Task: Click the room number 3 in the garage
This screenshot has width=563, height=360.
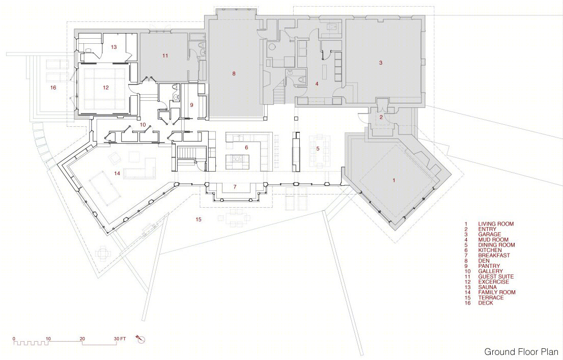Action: (x=381, y=63)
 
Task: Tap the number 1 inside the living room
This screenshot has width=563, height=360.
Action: (x=393, y=180)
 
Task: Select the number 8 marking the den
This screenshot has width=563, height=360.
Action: (x=234, y=74)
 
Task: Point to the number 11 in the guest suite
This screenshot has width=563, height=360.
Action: (x=165, y=56)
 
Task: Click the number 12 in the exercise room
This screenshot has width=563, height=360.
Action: (x=105, y=88)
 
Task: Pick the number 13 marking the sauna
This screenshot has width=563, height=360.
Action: (x=114, y=47)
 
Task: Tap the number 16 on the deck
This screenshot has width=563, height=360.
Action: (x=53, y=88)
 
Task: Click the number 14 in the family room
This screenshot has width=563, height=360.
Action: (x=117, y=174)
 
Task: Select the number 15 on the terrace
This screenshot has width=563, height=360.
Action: (x=199, y=219)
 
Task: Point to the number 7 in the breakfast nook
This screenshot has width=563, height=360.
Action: (x=235, y=187)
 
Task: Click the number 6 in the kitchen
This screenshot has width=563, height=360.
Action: (x=246, y=147)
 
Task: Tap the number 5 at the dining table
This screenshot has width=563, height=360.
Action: (x=318, y=148)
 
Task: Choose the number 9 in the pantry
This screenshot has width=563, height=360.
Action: (x=192, y=105)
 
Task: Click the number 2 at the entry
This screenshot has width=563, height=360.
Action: (x=381, y=117)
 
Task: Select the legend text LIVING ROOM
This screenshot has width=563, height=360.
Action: (x=496, y=224)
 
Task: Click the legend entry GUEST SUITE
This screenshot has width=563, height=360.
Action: (x=496, y=276)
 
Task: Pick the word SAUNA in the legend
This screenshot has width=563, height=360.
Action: (x=488, y=287)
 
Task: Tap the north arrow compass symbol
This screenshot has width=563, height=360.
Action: (x=140, y=339)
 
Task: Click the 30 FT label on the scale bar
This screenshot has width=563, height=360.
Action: (x=120, y=339)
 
